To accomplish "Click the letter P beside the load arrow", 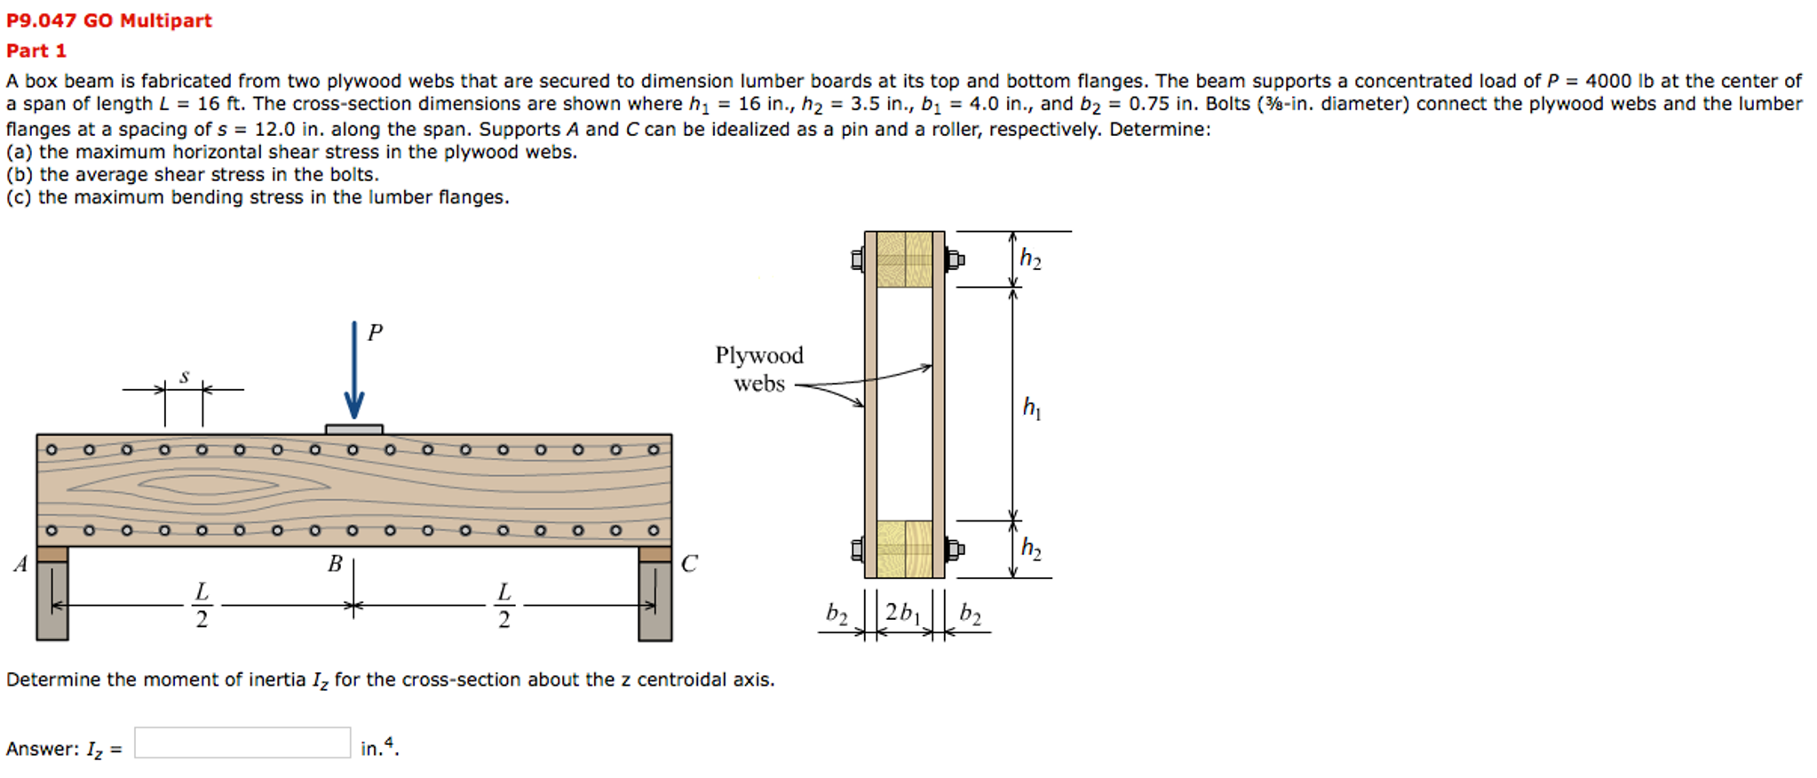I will pyautogui.click(x=375, y=333).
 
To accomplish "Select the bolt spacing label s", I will pyautogui.click(x=185, y=377).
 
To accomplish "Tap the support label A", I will pyautogui.click(x=20, y=564).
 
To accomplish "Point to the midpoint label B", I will pyautogui.click(x=335, y=564).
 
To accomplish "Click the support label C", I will pyautogui.click(x=689, y=564).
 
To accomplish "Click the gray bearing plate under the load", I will pyautogui.click(x=353, y=429).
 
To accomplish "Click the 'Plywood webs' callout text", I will pyautogui.click(x=758, y=369).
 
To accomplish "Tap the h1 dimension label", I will pyautogui.click(x=1031, y=408).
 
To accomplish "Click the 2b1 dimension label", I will pyautogui.click(x=902, y=613).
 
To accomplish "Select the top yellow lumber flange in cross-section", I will pyautogui.click(x=904, y=259).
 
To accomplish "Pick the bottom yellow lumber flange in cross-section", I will pyautogui.click(x=904, y=549).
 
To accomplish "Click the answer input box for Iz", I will pyautogui.click(x=242, y=743).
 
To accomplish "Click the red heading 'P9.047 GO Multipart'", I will pyautogui.click(x=109, y=20).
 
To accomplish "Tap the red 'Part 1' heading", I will pyautogui.click(x=36, y=51).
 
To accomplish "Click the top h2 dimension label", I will pyautogui.click(x=1030, y=259).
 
